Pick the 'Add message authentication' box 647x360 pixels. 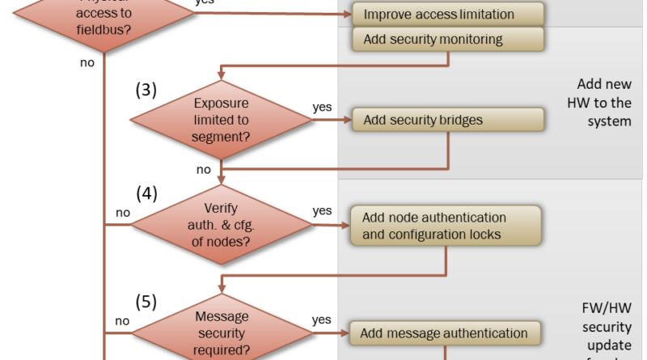click(446, 332)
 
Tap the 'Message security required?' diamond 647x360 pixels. click(221, 332)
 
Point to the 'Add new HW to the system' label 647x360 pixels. click(603, 103)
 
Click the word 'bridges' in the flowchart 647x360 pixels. click(460, 121)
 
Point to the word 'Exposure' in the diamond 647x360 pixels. click(221, 104)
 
